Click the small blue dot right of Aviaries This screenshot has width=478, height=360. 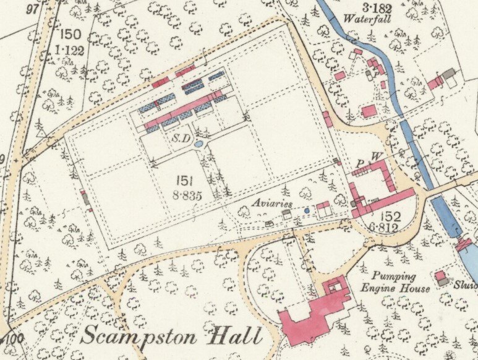[307, 211]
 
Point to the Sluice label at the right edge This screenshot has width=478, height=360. [467, 286]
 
